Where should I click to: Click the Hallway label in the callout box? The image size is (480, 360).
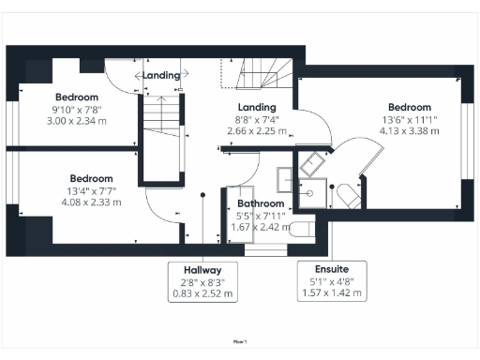[203, 268]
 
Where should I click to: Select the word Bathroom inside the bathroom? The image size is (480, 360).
[260, 202]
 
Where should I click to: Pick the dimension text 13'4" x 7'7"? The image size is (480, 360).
[91, 190]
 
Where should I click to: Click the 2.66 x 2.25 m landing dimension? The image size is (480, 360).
[256, 131]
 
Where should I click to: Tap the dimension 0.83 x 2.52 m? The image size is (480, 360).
[203, 293]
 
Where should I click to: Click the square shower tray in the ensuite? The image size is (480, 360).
[312, 166]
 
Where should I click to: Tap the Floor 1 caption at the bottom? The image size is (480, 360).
[240, 343]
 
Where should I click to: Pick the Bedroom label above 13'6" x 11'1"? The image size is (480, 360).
[409, 107]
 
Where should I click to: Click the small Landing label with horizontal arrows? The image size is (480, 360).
[159, 75]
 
